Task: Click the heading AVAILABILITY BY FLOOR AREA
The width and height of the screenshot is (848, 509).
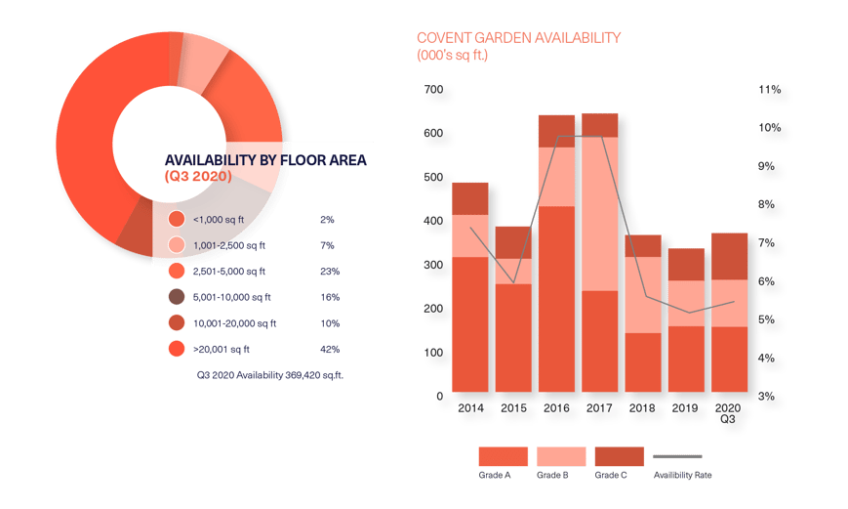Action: (265, 160)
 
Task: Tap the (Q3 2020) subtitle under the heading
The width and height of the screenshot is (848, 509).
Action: (198, 177)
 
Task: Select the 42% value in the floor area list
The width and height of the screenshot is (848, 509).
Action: (330, 349)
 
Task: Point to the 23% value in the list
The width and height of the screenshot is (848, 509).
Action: (330, 271)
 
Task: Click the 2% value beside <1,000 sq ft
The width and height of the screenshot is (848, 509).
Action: (327, 220)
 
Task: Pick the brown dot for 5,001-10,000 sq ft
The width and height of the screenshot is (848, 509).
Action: (177, 297)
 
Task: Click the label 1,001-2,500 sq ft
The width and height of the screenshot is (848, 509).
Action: (229, 245)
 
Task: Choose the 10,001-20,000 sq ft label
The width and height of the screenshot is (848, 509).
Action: (234, 323)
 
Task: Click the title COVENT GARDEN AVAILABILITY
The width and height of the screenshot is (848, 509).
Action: (518, 38)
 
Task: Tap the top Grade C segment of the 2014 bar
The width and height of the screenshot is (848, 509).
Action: (469, 197)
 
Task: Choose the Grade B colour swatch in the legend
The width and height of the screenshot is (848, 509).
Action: (561, 456)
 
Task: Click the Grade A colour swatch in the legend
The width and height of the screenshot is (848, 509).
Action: (503, 456)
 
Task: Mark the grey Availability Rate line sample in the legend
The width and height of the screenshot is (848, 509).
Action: (676, 456)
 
